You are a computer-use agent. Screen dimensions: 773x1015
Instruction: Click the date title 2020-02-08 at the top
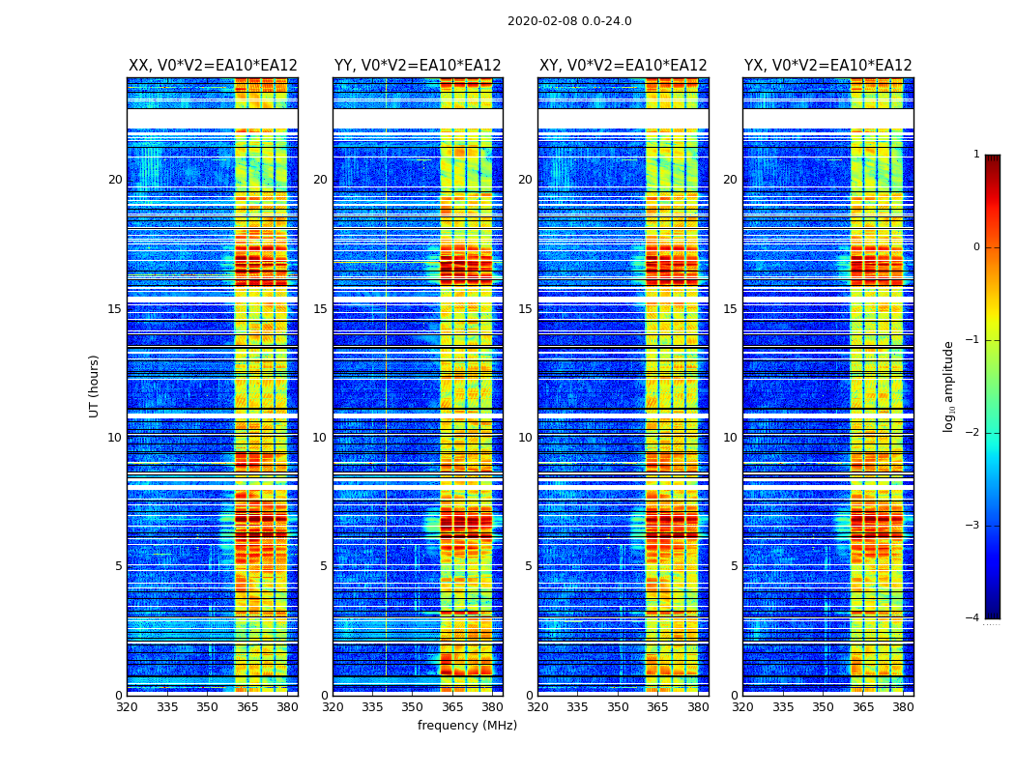569,21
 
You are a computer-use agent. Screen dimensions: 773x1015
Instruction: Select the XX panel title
213,66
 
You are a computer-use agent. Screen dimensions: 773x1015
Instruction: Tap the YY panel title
418,66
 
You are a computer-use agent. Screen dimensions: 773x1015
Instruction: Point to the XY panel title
623,66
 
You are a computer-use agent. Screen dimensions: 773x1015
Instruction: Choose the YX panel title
827,66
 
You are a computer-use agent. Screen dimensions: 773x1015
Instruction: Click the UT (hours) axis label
95,386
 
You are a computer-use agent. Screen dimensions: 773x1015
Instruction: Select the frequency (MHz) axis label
467,726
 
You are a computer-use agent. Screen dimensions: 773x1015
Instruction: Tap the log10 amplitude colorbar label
949,386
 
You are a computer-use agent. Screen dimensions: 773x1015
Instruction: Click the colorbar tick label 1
976,155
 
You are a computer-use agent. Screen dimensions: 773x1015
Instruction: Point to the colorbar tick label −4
973,618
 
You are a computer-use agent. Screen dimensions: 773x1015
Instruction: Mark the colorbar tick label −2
973,433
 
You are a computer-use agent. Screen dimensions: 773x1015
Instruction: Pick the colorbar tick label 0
976,247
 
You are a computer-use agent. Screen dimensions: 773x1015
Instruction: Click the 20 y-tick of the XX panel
115,180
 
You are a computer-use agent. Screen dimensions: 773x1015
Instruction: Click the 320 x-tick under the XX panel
128,707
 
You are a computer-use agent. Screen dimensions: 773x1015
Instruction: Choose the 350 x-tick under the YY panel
413,707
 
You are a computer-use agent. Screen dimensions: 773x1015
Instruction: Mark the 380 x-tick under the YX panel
903,707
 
